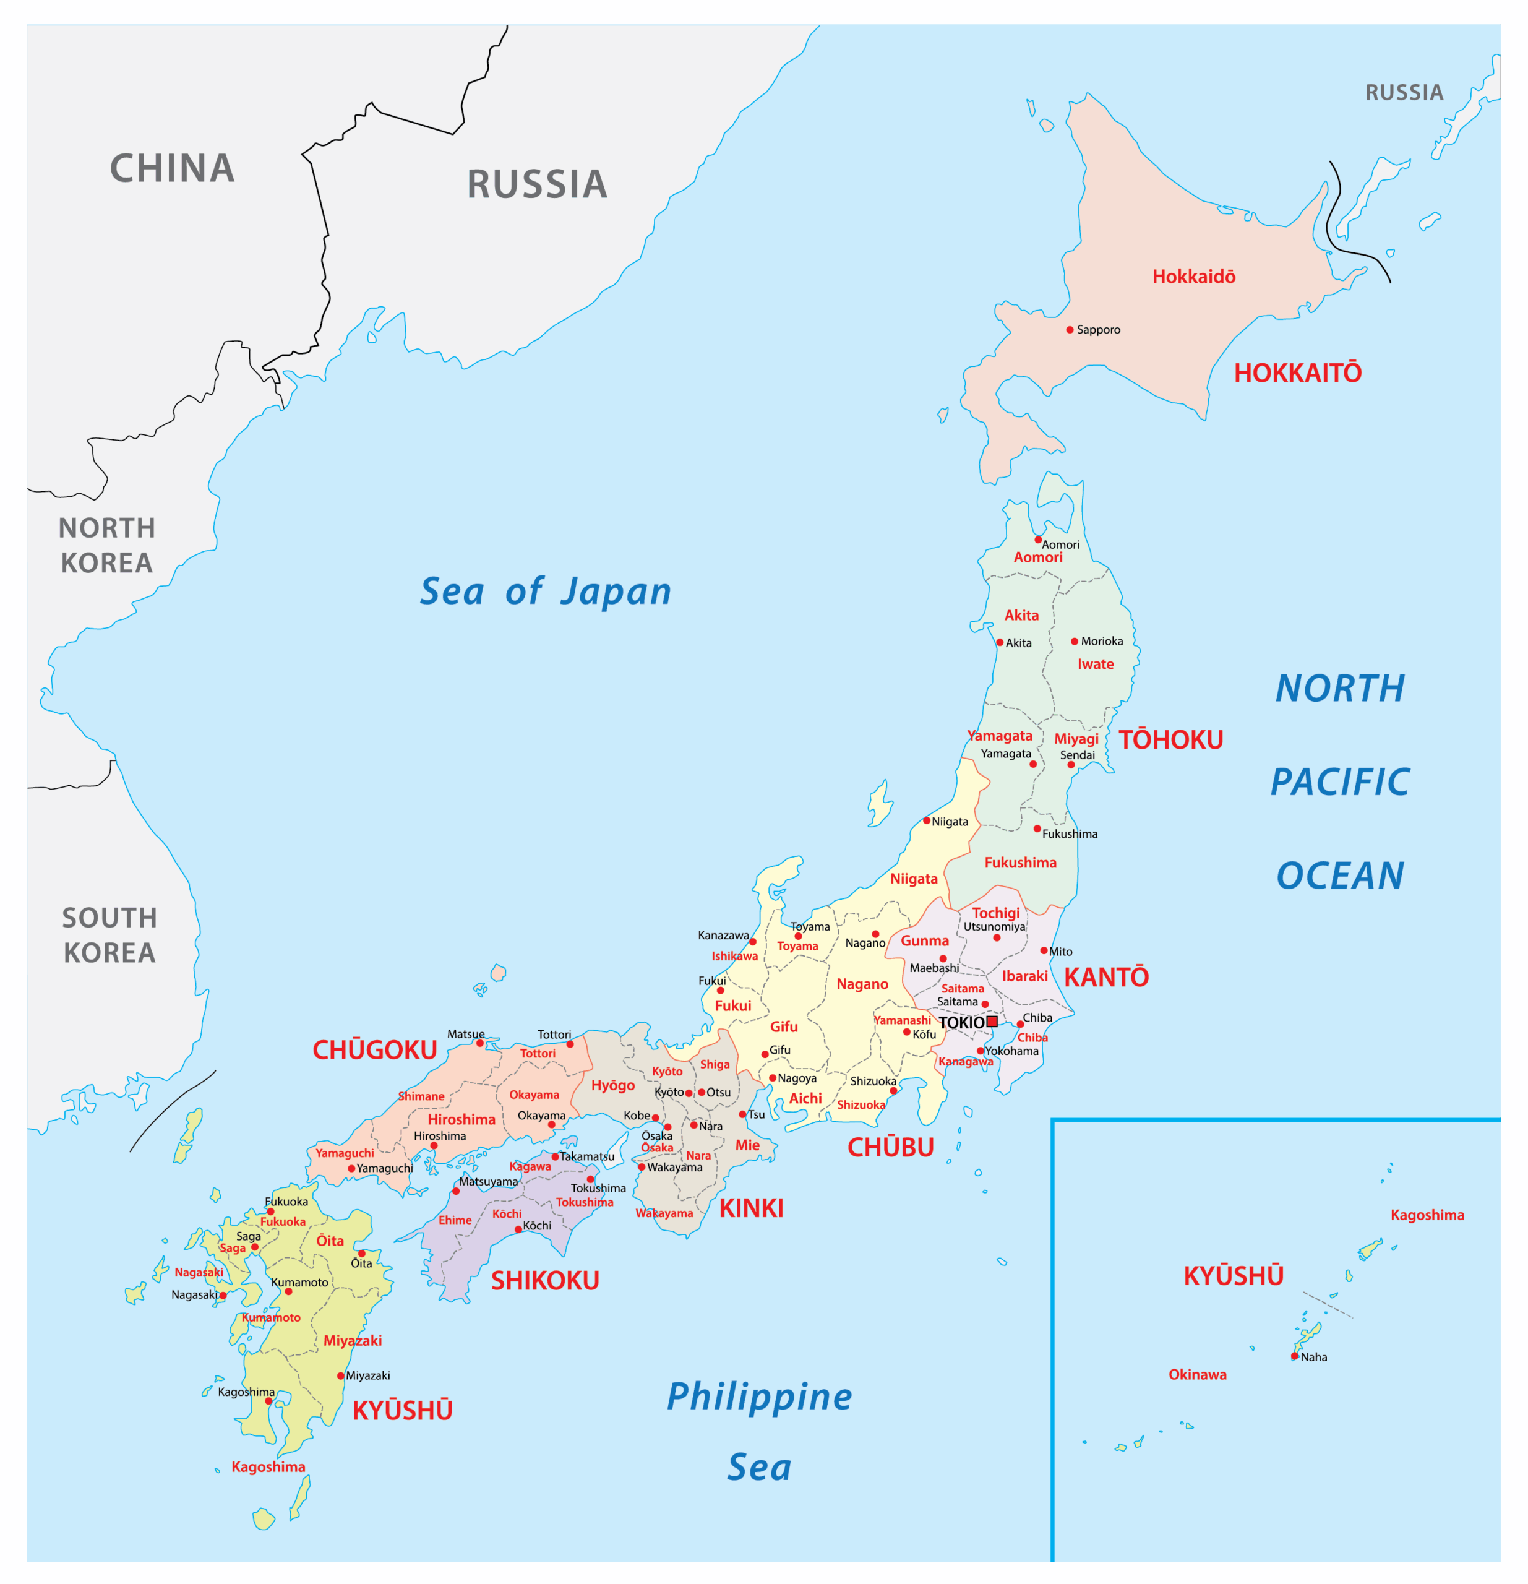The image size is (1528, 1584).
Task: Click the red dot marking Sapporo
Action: click(1070, 330)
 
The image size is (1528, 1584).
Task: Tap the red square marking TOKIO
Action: click(992, 1022)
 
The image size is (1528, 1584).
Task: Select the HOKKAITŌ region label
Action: click(1298, 373)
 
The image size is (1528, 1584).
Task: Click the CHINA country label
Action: click(172, 169)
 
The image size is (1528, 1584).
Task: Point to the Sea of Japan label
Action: click(546, 592)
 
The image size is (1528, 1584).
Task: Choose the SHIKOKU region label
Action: click(546, 1281)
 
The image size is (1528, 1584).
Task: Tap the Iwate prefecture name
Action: click(1096, 665)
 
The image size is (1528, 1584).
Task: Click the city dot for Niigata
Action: click(927, 820)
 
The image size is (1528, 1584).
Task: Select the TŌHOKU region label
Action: click(1171, 740)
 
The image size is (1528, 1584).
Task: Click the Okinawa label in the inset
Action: click(1198, 1375)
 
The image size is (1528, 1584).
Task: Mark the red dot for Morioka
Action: click(1075, 642)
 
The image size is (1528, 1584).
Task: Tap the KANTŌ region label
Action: click(1106, 978)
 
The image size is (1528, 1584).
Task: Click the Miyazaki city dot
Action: click(341, 1375)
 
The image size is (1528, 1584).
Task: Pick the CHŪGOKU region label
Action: click(375, 1051)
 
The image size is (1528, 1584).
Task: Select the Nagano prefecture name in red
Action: click(862, 984)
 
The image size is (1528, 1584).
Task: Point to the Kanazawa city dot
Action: click(753, 942)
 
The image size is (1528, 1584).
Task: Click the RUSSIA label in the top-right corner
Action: click(1404, 93)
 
